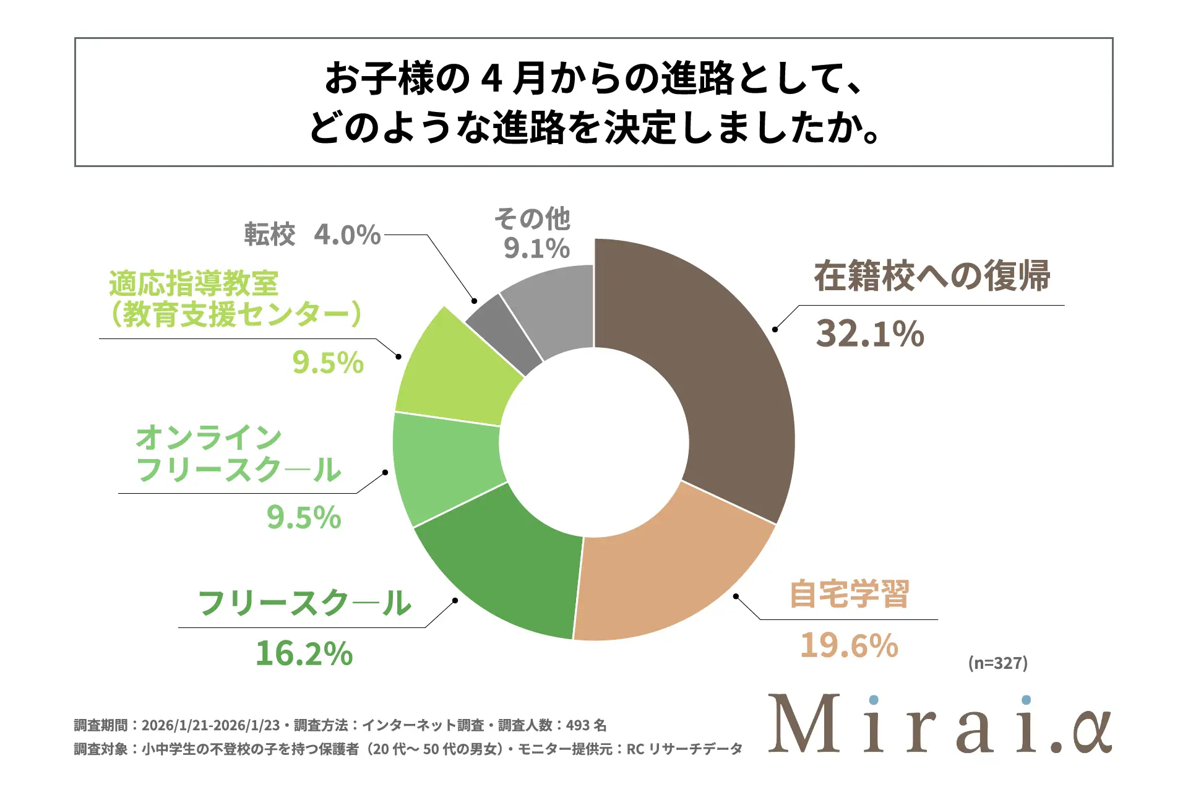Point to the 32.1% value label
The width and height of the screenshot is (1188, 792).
pyautogui.click(x=869, y=334)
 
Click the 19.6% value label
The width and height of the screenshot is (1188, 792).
pyautogui.click(x=849, y=645)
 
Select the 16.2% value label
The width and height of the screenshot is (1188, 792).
pyautogui.click(x=304, y=653)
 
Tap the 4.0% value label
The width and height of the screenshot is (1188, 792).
pyautogui.click(x=347, y=235)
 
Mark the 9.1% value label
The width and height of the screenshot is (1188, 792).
pyautogui.click(x=536, y=249)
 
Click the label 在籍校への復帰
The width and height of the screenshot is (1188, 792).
pyautogui.click(x=932, y=276)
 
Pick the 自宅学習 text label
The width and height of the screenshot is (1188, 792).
pyautogui.click(x=849, y=594)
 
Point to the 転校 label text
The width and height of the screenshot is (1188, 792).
pyautogui.click(x=270, y=235)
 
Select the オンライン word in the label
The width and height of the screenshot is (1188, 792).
pyautogui.click(x=209, y=438)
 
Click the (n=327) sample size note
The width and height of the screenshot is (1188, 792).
pyautogui.click(x=997, y=663)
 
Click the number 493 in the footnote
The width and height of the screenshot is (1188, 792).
pyautogui.click(x=577, y=725)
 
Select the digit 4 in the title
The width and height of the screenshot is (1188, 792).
pyautogui.click(x=491, y=79)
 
